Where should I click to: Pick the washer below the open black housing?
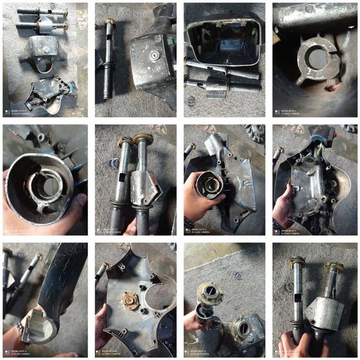(191, 99)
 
